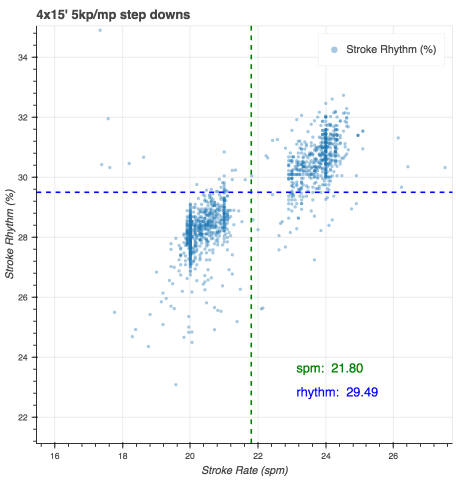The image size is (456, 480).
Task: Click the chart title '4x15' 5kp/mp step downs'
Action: click(113, 15)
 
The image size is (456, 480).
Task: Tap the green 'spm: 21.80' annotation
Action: click(329, 369)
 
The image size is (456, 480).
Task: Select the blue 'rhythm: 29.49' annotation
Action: click(337, 392)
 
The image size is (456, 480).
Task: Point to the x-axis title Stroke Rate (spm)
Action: click(245, 470)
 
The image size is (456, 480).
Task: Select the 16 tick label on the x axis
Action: click(54, 456)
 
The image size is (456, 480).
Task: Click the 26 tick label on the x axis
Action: click(393, 456)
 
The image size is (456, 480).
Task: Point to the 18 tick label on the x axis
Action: click(122, 456)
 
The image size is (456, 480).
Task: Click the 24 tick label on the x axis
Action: click(326, 456)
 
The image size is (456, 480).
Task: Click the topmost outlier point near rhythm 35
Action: click(100, 30)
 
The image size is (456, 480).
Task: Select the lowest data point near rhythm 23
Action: click(175, 384)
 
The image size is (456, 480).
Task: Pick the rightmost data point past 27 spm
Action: click(445, 167)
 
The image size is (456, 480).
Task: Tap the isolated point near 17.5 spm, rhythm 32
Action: click(108, 118)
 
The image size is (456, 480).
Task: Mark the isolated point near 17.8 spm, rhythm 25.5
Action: click(114, 312)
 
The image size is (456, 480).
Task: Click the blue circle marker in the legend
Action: click(334, 49)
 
